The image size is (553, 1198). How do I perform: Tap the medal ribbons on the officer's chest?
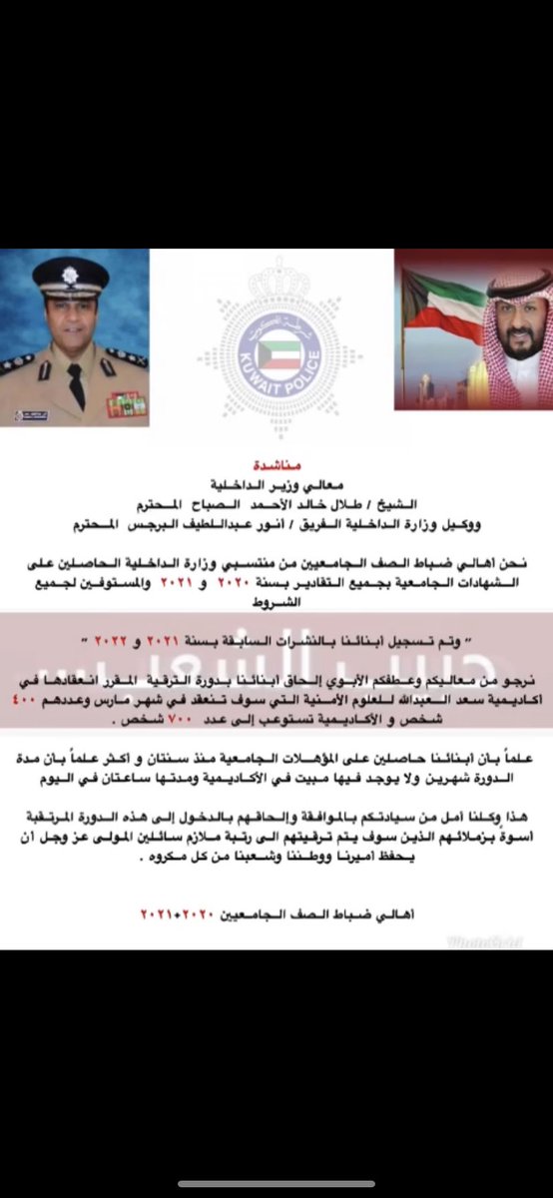tap(128, 403)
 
